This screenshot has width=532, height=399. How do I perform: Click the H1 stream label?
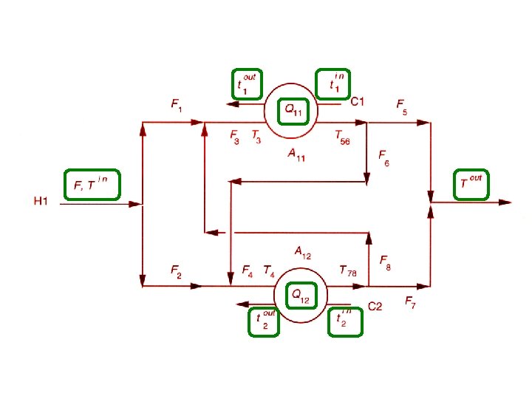pos(41,200)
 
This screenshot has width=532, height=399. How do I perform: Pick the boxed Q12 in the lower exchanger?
pos(301,296)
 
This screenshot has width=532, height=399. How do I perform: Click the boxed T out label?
pos(471,183)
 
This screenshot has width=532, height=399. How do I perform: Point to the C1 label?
pos(358,101)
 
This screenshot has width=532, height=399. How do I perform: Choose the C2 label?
pos(375,307)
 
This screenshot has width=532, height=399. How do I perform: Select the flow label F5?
pos(402,107)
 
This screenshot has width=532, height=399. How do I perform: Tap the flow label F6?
pos(384,158)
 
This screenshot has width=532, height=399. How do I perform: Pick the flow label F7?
pos(410,302)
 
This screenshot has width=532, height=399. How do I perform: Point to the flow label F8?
pos(386,261)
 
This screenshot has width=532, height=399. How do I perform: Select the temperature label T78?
pos(348,272)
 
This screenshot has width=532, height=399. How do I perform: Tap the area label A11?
pos(298,155)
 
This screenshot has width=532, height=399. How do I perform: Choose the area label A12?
pos(302,253)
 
